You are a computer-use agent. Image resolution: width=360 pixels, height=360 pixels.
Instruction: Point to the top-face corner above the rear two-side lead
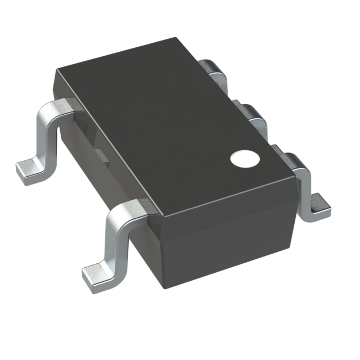[57, 70]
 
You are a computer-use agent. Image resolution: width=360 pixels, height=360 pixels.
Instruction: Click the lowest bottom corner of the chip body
[164, 287]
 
